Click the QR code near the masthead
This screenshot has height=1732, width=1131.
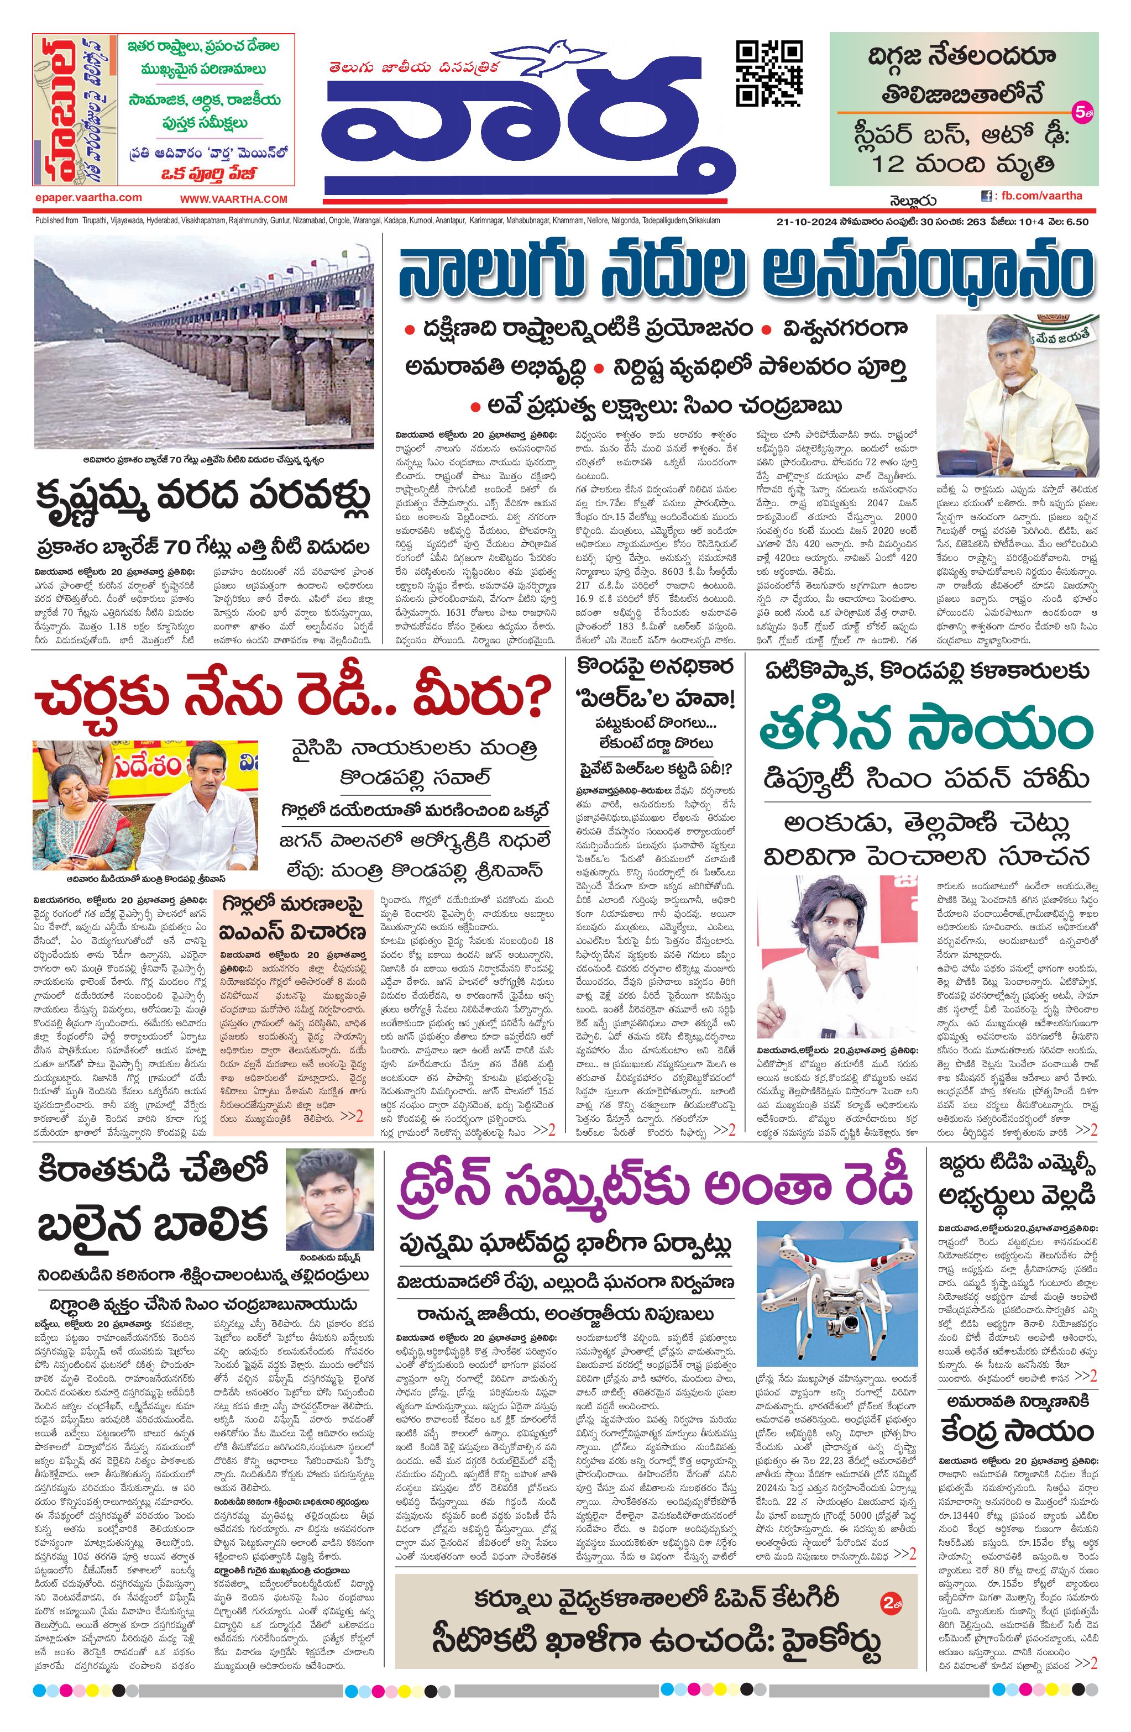[769, 74]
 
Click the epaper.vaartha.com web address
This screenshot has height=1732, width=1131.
[88, 197]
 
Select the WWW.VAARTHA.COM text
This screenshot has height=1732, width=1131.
[234, 198]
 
